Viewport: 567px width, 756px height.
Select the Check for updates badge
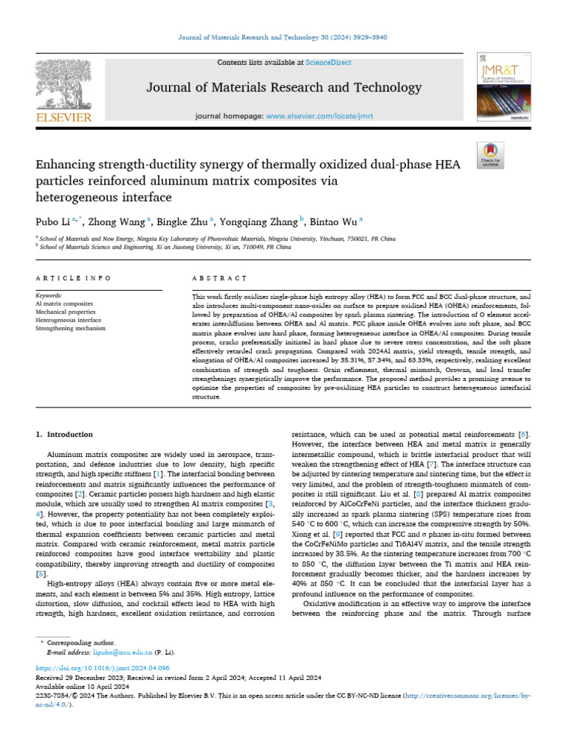coord(491,154)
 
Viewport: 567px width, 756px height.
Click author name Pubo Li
coord(49,220)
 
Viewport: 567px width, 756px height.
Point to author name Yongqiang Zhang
coord(260,220)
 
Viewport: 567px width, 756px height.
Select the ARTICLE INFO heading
coord(73,278)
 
